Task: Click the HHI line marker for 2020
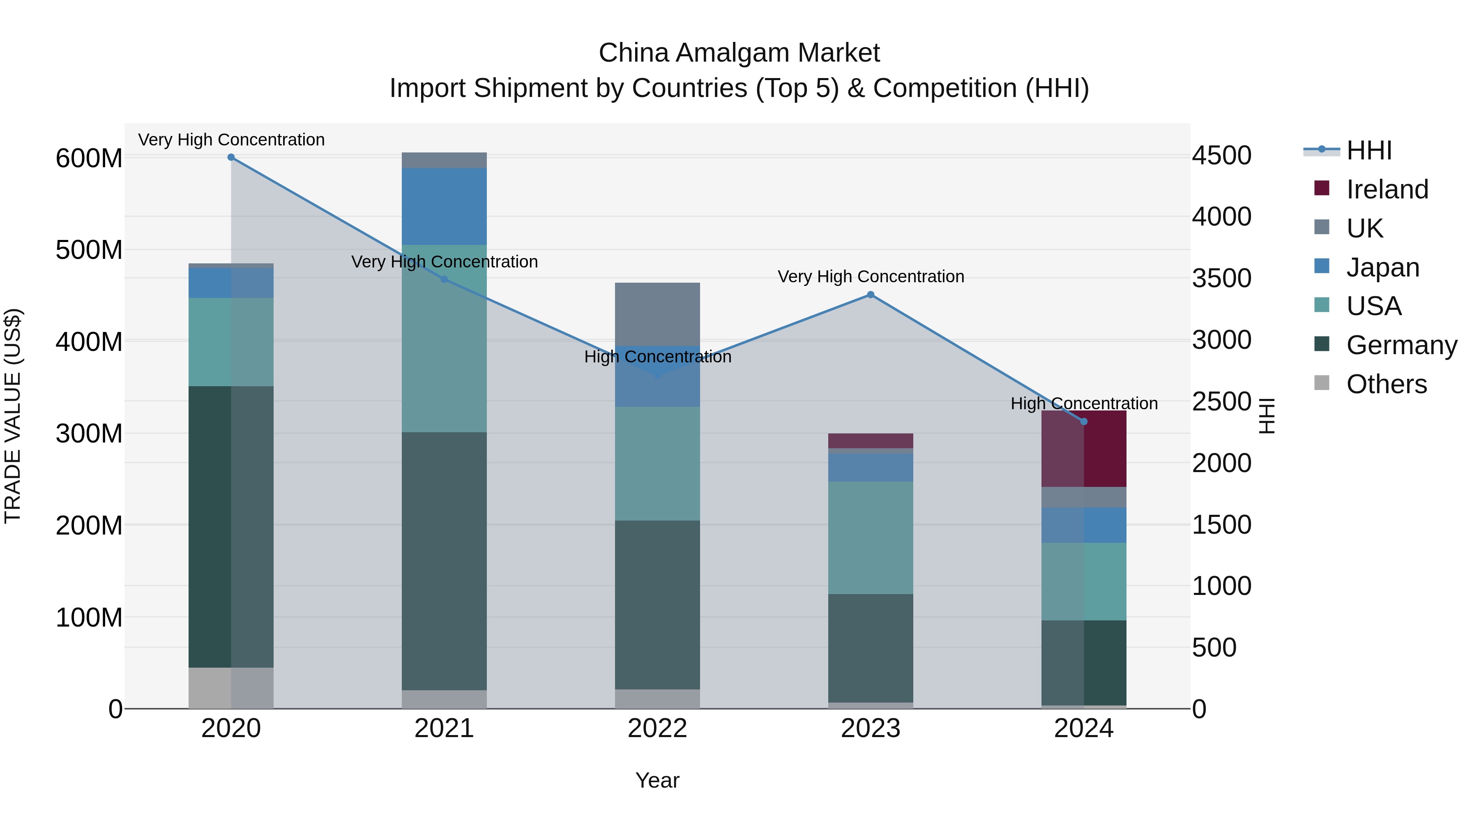231,157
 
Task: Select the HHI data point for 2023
871,295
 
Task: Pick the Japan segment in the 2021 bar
444,206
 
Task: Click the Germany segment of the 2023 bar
871,648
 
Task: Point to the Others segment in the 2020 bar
231,687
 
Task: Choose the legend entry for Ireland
1387,189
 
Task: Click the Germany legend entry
1401,345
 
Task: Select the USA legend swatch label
1373,306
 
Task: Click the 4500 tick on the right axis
1221,156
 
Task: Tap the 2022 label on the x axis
657,728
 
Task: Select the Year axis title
657,780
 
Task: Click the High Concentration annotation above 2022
657,357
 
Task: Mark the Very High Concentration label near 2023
871,276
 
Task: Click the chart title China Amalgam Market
739,53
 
